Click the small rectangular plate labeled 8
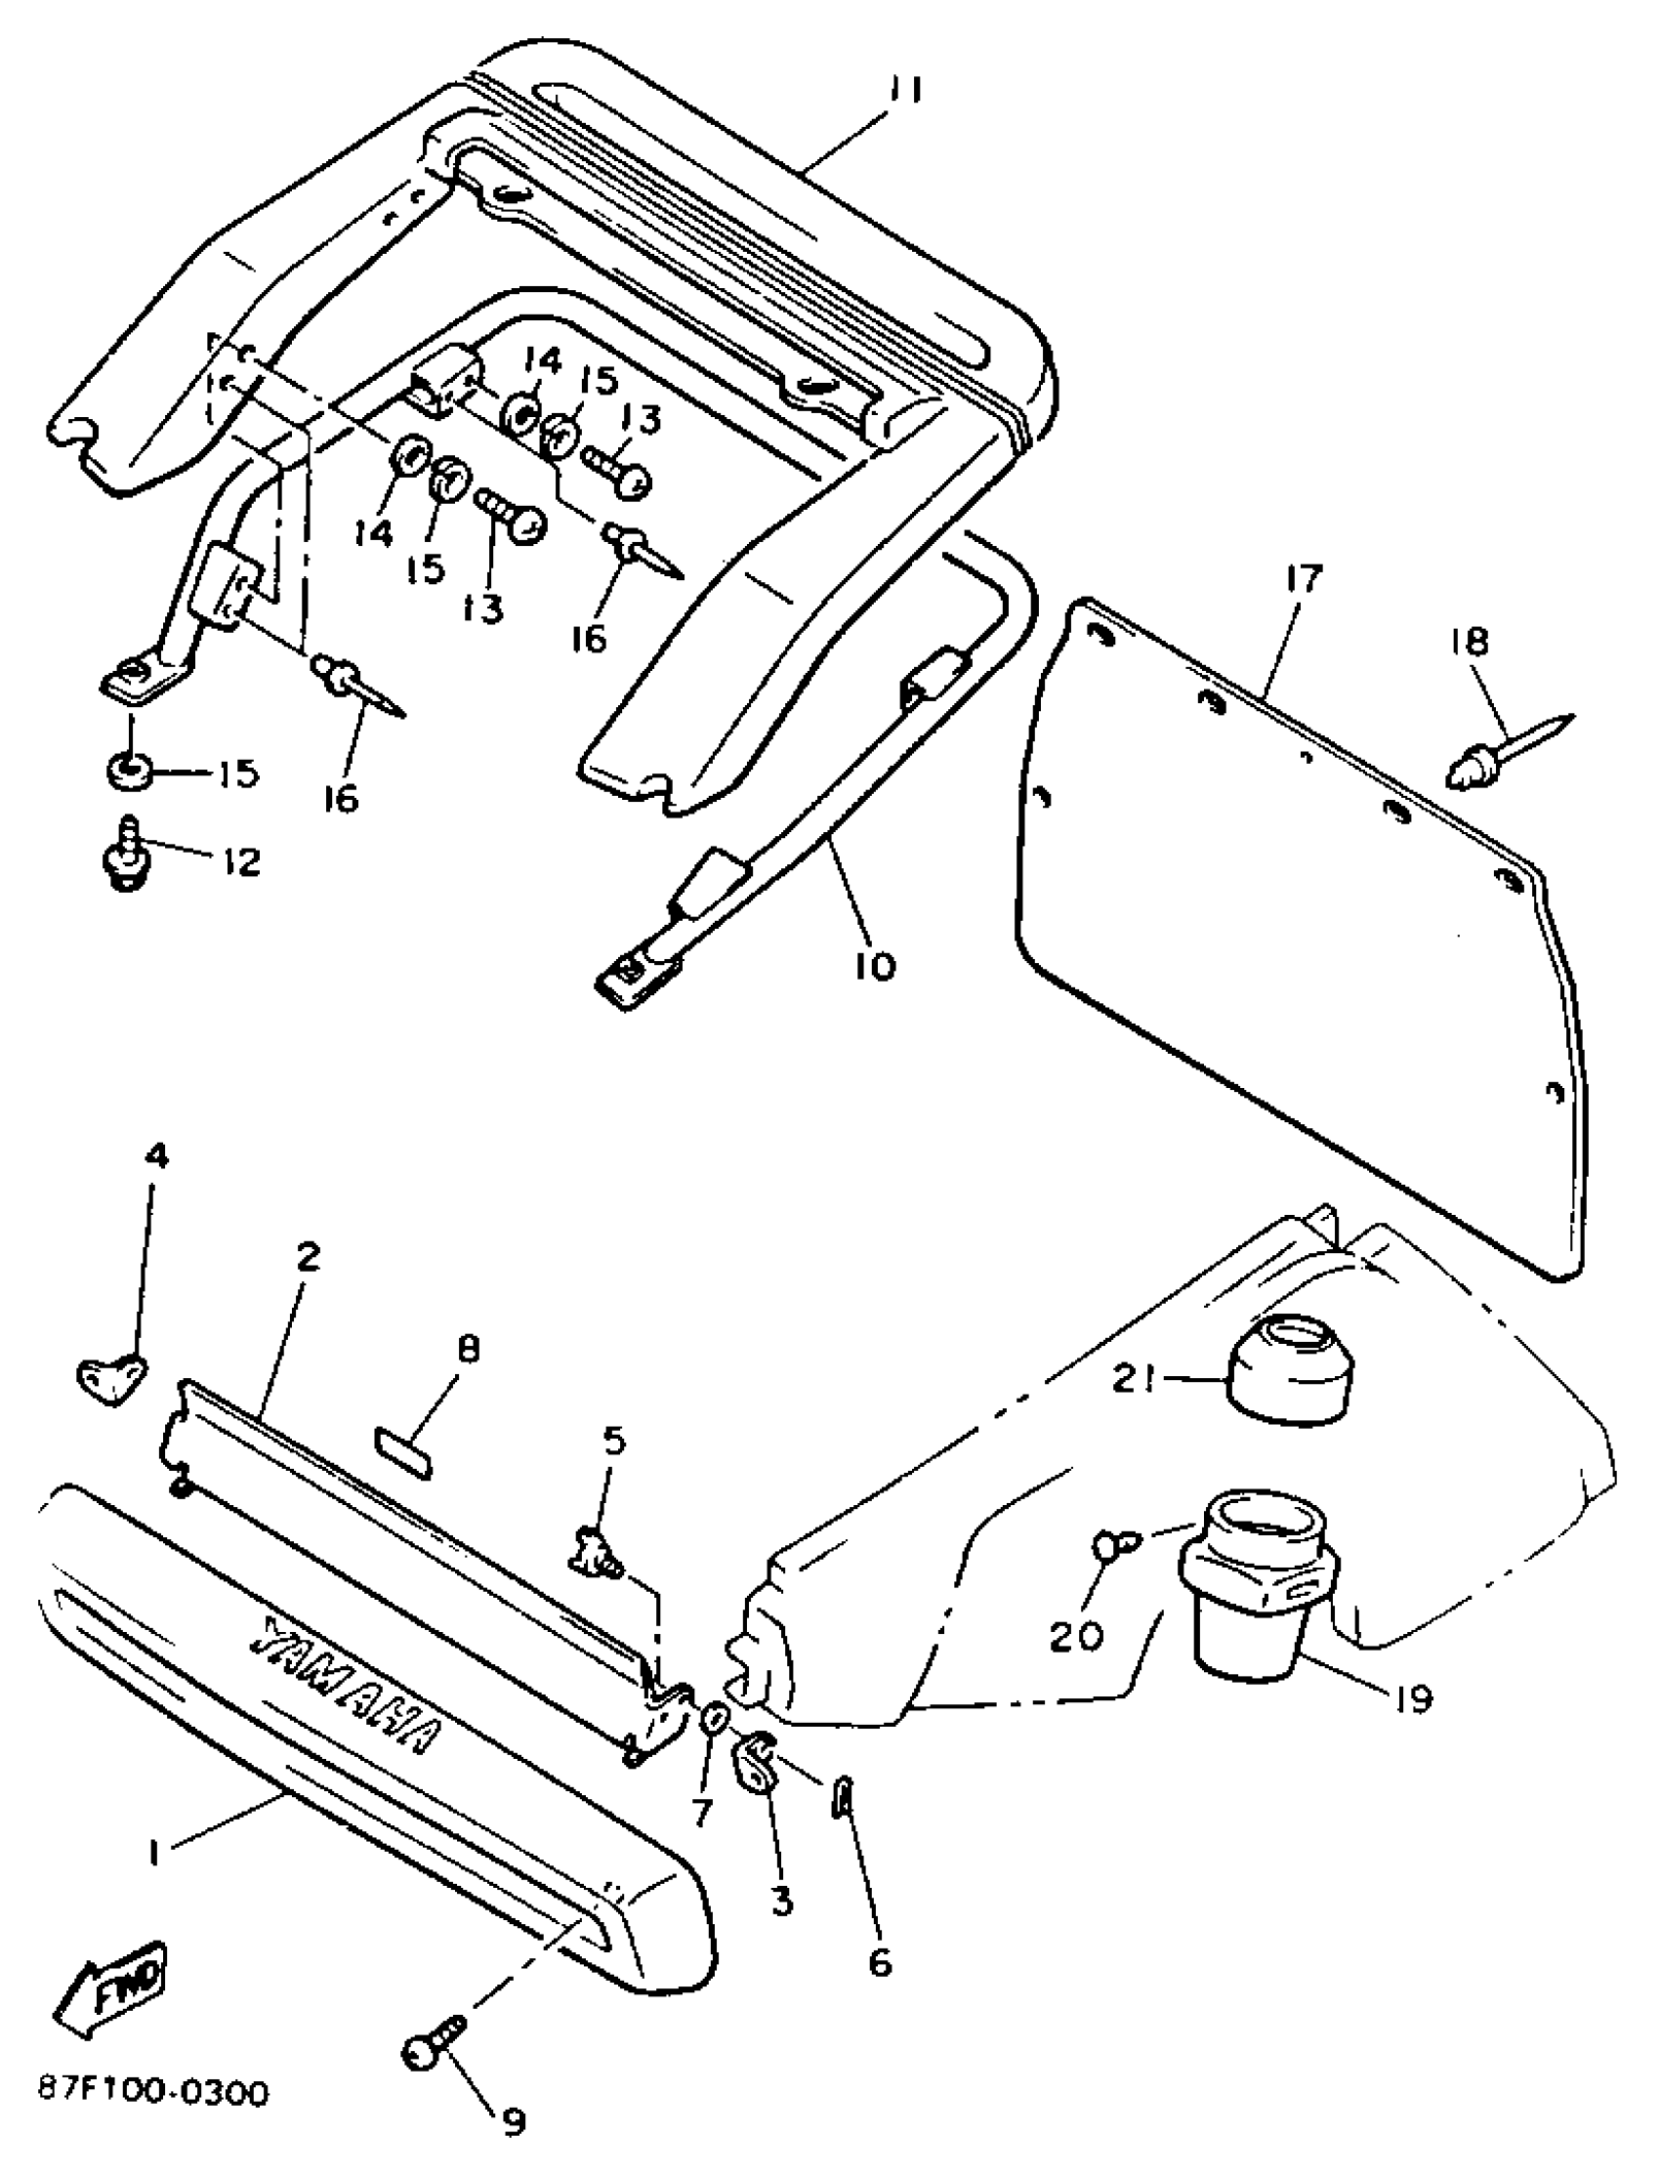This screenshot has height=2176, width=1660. [x=403, y=1451]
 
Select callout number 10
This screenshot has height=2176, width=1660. [x=876, y=965]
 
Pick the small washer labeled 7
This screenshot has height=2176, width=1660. [x=715, y=1719]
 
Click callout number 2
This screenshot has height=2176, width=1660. [x=308, y=1258]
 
